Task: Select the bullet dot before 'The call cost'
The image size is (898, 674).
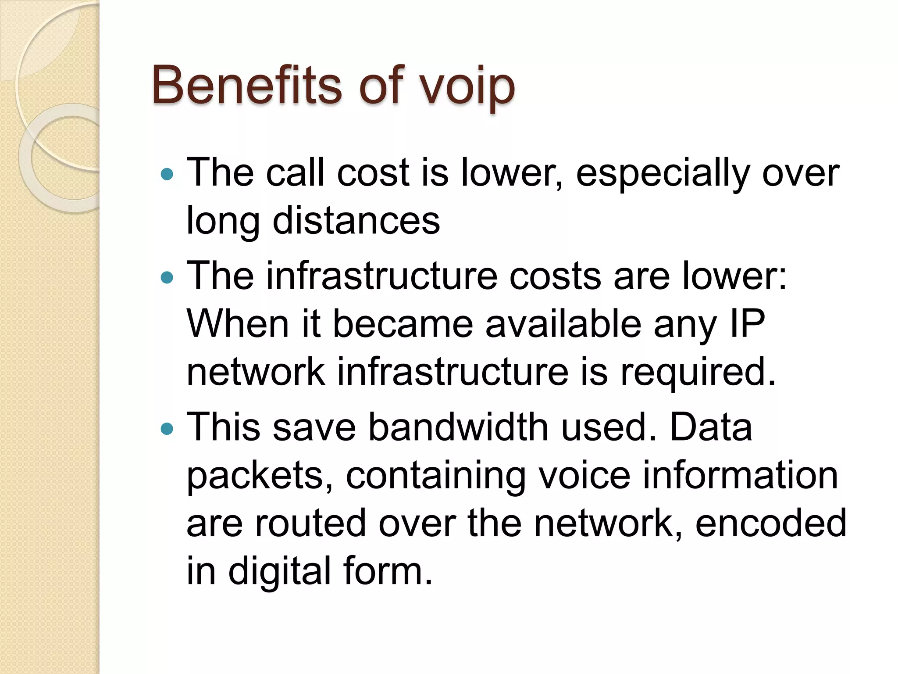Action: [x=167, y=175]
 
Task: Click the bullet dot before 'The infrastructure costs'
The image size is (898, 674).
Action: [x=167, y=277]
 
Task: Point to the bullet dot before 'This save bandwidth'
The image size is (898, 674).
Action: [x=167, y=428]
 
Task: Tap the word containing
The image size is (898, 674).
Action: [x=435, y=477]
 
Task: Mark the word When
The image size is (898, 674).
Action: [x=238, y=324]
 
